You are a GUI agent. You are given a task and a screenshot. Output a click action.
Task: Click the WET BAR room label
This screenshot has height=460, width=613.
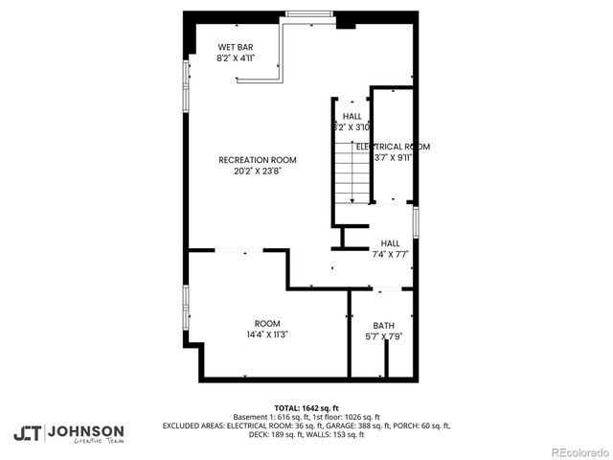tap(236, 47)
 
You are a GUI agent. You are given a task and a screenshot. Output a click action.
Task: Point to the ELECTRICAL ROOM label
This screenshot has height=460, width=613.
tap(393, 147)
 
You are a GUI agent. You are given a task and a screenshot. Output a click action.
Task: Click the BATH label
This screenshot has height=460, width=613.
tap(383, 325)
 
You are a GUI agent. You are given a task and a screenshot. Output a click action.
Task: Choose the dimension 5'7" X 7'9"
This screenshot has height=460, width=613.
tap(383, 336)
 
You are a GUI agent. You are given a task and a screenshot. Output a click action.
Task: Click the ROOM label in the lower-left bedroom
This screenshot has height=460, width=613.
tap(267, 323)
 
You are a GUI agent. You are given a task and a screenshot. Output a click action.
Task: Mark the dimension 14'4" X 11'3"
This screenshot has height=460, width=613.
tap(267, 334)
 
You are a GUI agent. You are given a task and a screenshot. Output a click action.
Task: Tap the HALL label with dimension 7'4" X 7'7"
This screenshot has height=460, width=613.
tap(390, 243)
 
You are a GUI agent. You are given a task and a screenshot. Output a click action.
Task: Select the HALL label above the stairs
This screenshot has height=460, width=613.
tap(352, 116)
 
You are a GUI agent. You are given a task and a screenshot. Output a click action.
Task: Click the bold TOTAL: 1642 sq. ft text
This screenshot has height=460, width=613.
tap(306, 406)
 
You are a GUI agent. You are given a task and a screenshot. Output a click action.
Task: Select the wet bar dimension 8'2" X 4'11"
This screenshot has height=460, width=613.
tap(236, 58)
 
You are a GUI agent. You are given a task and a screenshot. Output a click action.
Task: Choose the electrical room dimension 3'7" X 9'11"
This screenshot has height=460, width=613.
tap(393, 158)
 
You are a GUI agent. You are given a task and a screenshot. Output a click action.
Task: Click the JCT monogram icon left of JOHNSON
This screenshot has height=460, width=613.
tap(27, 432)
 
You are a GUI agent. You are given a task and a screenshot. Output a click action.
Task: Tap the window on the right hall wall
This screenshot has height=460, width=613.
tap(416, 221)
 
